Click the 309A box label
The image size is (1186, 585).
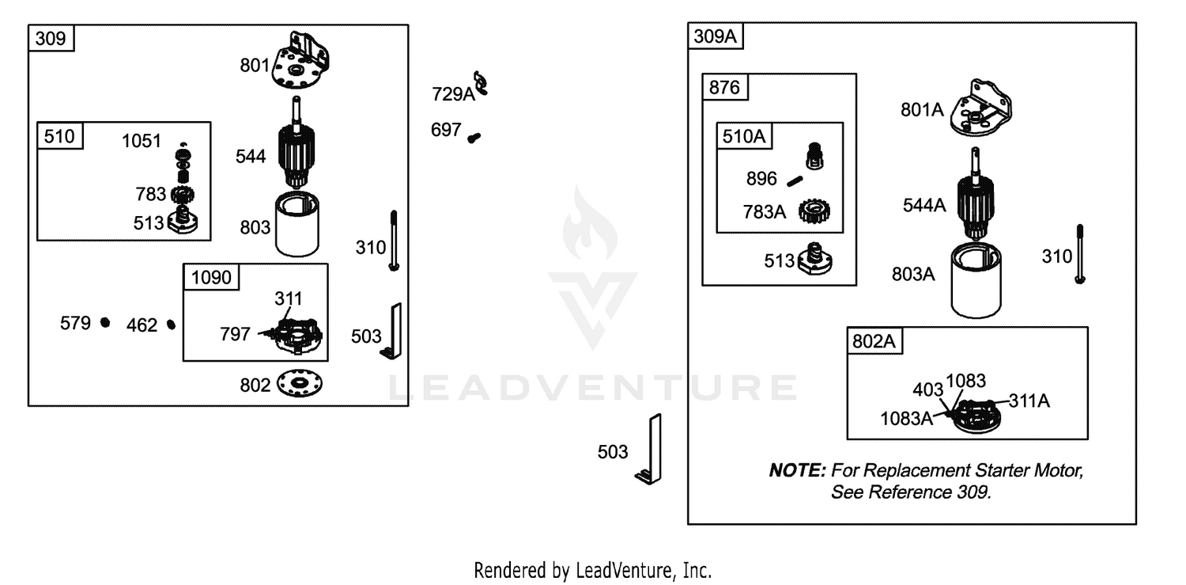(x=715, y=36)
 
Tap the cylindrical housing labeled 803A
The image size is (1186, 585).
(x=976, y=279)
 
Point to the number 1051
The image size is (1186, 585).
(x=142, y=141)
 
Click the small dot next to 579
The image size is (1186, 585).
(x=105, y=322)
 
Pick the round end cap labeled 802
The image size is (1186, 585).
(x=299, y=383)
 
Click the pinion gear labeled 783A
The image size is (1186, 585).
(x=814, y=211)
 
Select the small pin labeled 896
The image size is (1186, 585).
(x=795, y=182)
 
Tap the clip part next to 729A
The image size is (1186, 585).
(x=481, y=84)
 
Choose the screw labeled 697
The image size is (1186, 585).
(x=474, y=138)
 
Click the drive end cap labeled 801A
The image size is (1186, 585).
(x=981, y=108)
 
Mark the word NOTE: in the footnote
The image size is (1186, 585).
(x=797, y=470)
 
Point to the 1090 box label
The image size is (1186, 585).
(x=211, y=277)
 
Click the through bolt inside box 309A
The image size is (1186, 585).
(x=1080, y=254)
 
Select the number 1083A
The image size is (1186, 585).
(x=906, y=419)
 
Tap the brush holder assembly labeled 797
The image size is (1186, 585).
(x=292, y=334)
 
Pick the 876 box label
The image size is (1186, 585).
(x=723, y=87)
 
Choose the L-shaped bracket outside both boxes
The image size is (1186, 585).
(x=650, y=450)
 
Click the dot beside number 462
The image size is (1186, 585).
(x=171, y=325)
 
